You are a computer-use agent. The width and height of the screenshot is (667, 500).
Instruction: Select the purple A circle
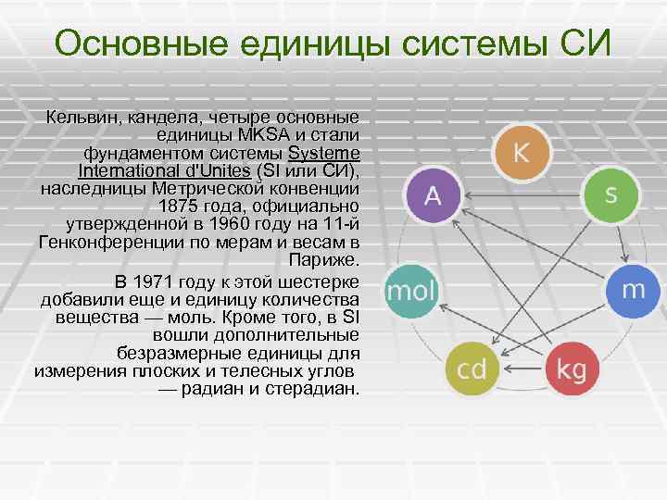coord(433,196)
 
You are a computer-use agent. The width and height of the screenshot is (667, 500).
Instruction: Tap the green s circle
coord(610,194)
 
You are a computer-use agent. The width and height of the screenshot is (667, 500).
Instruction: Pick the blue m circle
coord(633,290)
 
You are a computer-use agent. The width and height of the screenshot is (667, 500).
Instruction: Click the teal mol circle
coord(409,292)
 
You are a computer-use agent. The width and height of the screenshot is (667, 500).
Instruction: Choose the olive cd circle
coord(472,369)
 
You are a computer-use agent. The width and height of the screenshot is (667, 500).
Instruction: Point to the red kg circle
coord(572,369)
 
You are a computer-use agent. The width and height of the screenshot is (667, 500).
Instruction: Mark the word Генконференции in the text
coord(103,241)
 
